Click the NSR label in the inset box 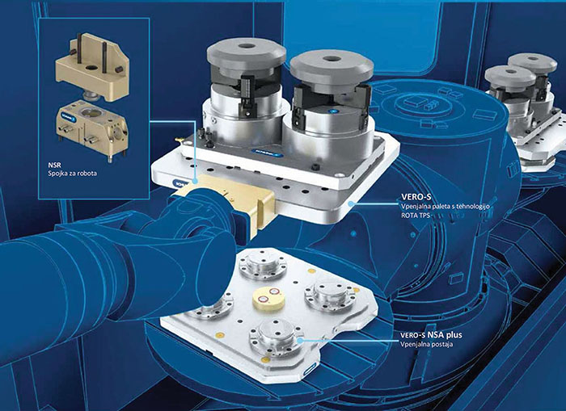tap(55, 166)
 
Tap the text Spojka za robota tap(73, 174)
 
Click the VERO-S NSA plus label tap(431, 335)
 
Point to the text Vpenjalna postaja tap(426, 344)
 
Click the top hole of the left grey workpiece tap(247, 46)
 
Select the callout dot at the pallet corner tap(350, 204)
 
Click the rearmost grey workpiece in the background tap(532, 64)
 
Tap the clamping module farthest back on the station tap(264, 264)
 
